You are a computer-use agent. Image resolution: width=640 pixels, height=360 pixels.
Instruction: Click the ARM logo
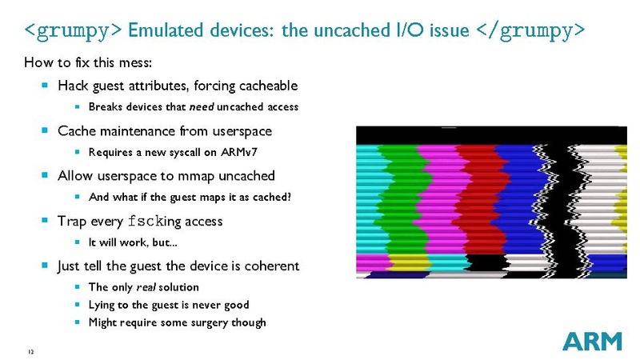tap(592, 341)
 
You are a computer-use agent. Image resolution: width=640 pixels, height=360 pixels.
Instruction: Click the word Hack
tap(73, 86)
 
